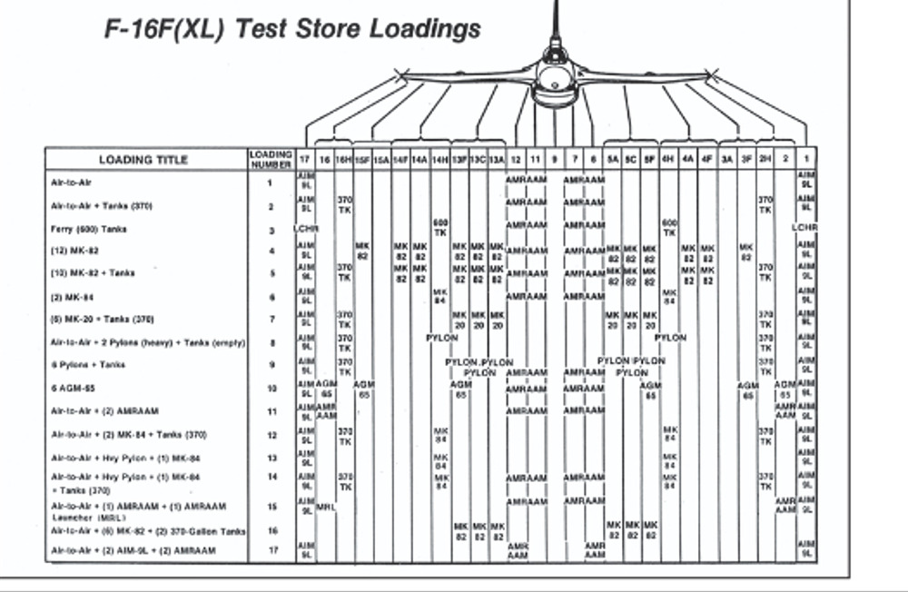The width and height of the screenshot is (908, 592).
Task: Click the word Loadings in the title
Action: pyautogui.click(x=425, y=28)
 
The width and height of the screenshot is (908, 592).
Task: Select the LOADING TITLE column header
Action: pyautogui.click(x=143, y=160)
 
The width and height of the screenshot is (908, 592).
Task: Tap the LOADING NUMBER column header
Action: pyautogui.click(x=270, y=160)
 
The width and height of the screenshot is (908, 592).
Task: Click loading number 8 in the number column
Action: pyautogui.click(x=270, y=342)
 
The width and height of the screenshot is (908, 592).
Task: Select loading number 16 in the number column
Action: pyautogui.click(x=270, y=530)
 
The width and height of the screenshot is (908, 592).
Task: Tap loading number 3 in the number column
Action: pyautogui.click(x=270, y=229)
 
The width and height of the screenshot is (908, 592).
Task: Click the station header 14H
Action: pyautogui.click(x=440, y=160)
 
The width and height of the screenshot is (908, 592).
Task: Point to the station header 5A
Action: pyautogui.click(x=614, y=160)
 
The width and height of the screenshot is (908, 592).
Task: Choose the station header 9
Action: pyautogui.click(x=554, y=160)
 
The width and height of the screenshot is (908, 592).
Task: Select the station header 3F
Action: pyautogui.click(x=746, y=160)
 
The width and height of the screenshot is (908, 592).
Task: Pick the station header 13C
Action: pyautogui.click(x=479, y=160)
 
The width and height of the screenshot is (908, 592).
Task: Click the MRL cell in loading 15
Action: pyautogui.click(x=326, y=508)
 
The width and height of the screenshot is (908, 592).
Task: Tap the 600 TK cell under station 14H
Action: pyautogui.click(x=441, y=227)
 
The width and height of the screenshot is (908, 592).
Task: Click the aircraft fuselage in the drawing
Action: pyautogui.click(x=554, y=77)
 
